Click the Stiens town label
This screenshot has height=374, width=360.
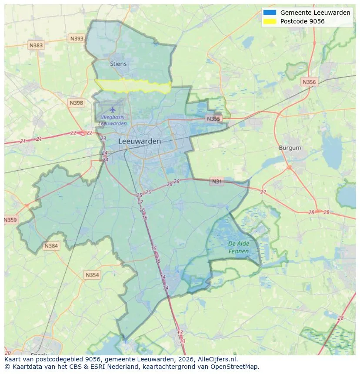[x=118, y=64]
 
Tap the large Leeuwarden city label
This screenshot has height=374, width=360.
[x=139, y=141]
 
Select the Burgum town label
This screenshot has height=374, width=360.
[x=290, y=148]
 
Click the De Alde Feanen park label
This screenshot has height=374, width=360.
[x=238, y=248]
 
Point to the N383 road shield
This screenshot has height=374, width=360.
[x=36, y=45]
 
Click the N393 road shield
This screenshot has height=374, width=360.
[x=77, y=39]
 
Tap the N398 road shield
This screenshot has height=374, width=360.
[x=76, y=103]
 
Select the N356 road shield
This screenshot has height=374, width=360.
[x=309, y=82]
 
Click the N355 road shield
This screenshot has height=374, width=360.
[x=213, y=119]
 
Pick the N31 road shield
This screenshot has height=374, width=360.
[x=217, y=181]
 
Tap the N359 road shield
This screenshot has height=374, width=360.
[x=10, y=220]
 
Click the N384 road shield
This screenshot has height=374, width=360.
[x=51, y=246]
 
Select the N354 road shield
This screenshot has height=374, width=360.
[x=92, y=275]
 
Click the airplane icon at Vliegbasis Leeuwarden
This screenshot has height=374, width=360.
[x=113, y=109]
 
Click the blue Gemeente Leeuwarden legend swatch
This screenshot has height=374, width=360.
[x=270, y=13]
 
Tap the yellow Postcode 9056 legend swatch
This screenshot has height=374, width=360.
[x=270, y=21]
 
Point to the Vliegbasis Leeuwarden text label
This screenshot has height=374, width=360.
[x=113, y=120]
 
